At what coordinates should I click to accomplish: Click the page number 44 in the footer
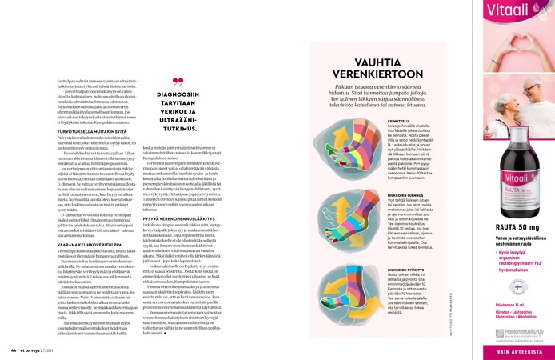click(14, 349)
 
